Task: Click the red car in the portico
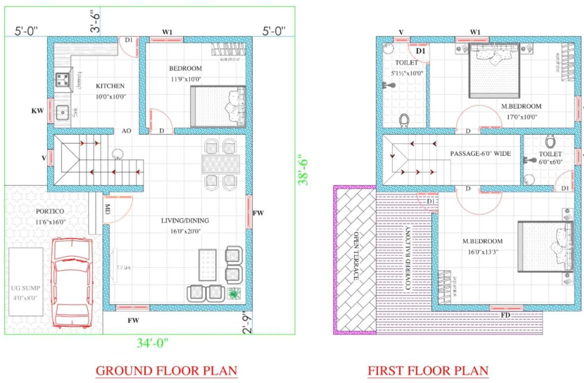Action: [x=72, y=283]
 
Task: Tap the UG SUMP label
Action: [x=27, y=289]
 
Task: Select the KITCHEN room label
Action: [x=110, y=86]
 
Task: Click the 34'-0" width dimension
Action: [x=153, y=343]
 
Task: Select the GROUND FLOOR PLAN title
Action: [x=166, y=371]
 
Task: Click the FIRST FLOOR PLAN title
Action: [x=428, y=371]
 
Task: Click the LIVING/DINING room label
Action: [x=185, y=220]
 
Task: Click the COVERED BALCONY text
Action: [x=408, y=260]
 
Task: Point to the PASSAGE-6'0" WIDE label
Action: [x=480, y=154]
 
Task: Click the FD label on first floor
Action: [x=506, y=315]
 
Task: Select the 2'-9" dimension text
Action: [x=246, y=323]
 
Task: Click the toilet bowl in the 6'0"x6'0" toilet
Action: [x=551, y=142]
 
